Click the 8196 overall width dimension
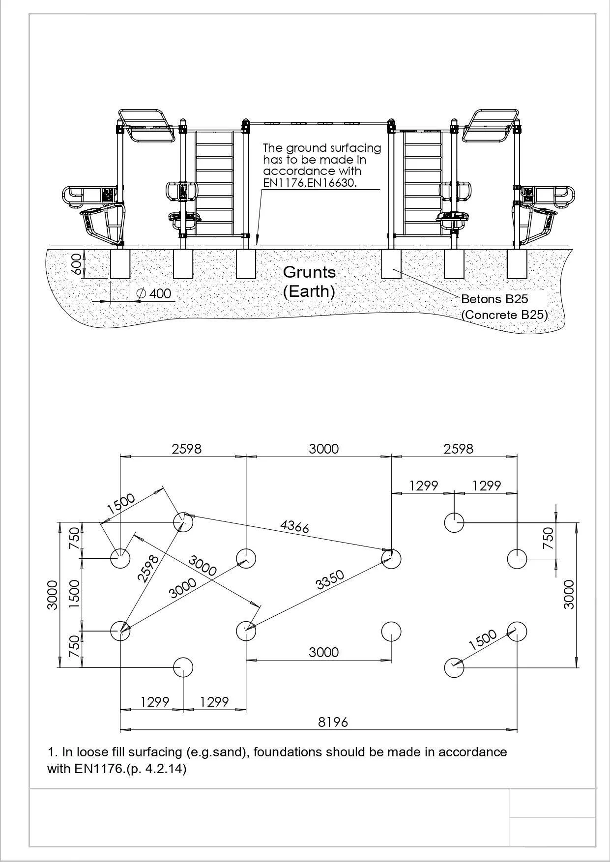click(333, 722)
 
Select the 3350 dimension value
click(330, 580)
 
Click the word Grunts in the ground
click(309, 272)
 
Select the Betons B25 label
click(494, 299)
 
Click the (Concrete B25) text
click(504, 315)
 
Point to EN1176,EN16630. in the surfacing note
click(309, 183)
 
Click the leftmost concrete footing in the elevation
click(120, 264)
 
